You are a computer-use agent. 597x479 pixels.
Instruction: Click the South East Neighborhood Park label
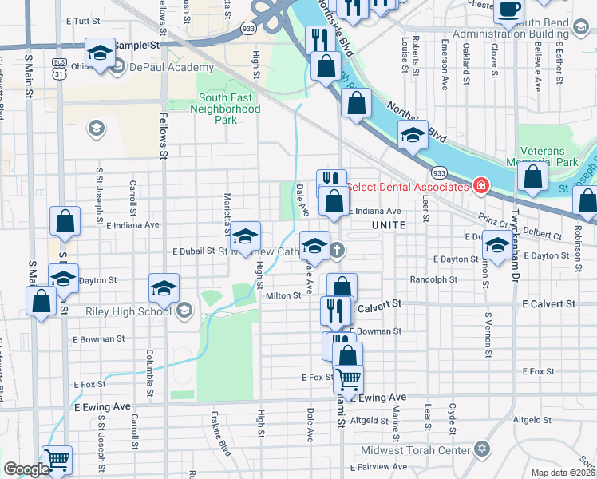[x=229, y=109]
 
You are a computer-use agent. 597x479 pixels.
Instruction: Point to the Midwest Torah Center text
[x=416, y=449]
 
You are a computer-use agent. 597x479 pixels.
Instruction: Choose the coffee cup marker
[x=508, y=10]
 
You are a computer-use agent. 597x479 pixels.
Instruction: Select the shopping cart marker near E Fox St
[x=348, y=378]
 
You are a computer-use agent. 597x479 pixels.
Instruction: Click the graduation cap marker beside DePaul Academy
[x=99, y=54]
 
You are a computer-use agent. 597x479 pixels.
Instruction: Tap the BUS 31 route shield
[x=58, y=68]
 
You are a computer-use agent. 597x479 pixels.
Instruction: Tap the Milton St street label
[x=283, y=295]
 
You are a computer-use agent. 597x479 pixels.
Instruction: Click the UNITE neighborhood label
[x=389, y=226]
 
